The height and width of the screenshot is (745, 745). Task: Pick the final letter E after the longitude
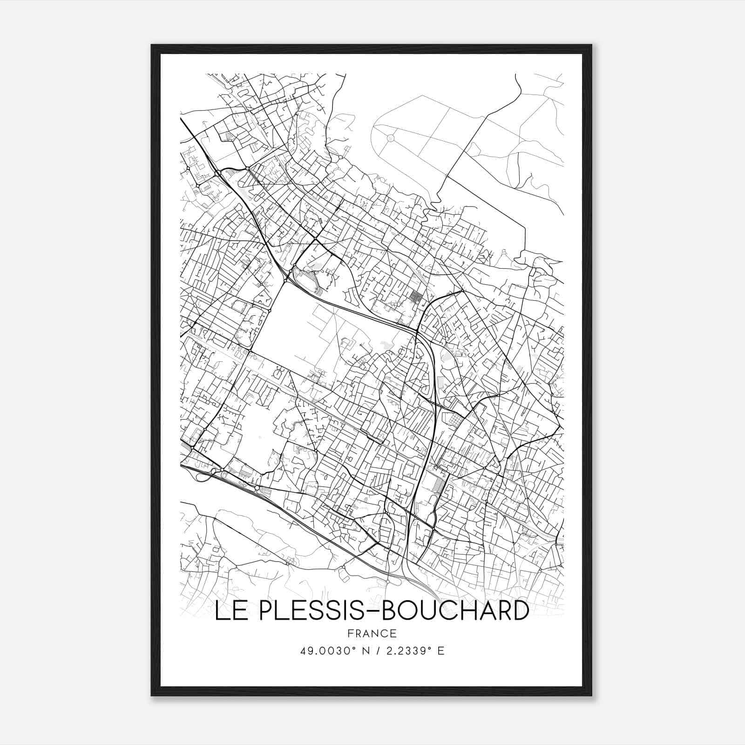[441, 650]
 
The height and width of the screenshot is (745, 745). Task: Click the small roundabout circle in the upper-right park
[391, 138]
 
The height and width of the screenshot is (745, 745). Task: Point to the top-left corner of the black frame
[152, 45]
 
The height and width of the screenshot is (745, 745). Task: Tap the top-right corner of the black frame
[591, 45]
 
